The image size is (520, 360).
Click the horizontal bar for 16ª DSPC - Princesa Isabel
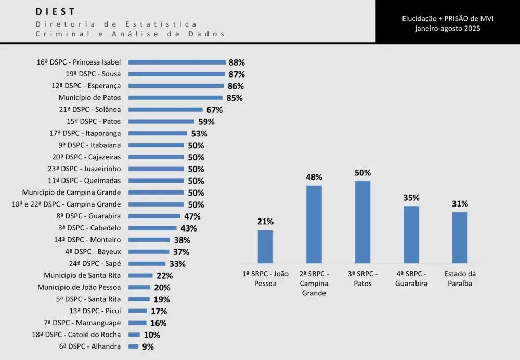[x=177, y=62]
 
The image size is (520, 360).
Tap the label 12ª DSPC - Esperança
[x=86, y=86]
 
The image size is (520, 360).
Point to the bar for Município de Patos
[x=175, y=97]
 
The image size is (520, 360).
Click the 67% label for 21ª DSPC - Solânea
[x=214, y=110]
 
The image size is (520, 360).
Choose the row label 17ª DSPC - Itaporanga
[x=85, y=133]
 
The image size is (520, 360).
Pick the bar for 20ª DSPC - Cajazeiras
[x=156, y=157]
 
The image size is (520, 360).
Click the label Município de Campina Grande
[x=71, y=192]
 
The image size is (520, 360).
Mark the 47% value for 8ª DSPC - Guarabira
[x=192, y=216]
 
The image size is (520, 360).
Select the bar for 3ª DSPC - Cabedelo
[x=152, y=228]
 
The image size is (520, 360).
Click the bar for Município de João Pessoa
[x=139, y=287]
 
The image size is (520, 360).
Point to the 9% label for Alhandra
[x=148, y=347]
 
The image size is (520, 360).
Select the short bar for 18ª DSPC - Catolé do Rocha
[x=134, y=335]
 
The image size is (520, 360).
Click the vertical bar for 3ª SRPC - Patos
[x=362, y=222]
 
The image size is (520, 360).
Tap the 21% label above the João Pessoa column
[x=265, y=222]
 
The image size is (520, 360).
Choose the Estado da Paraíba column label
[x=460, y=278]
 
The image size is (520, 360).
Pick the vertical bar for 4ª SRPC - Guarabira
[x=411, y=235]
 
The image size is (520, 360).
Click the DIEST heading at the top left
[x=56, y=11]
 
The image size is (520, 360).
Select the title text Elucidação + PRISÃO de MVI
[x=447, y=18]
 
